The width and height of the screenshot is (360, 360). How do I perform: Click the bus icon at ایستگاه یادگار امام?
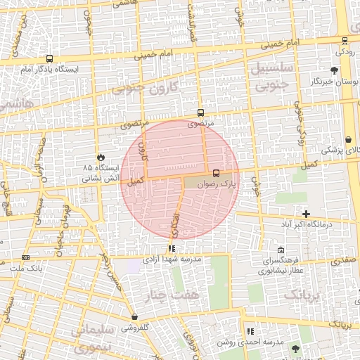49,59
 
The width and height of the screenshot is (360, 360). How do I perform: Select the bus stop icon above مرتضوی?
201,112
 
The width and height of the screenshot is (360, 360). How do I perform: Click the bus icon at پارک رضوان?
215,173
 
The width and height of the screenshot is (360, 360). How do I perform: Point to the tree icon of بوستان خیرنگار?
334,70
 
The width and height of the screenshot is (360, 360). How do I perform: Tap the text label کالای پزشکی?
341,150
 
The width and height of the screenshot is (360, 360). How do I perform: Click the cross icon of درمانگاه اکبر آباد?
305,214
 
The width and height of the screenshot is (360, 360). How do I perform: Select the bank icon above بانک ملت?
26,257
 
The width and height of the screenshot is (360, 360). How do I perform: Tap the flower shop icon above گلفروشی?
134,317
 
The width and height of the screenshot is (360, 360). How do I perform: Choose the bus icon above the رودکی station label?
344,41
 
